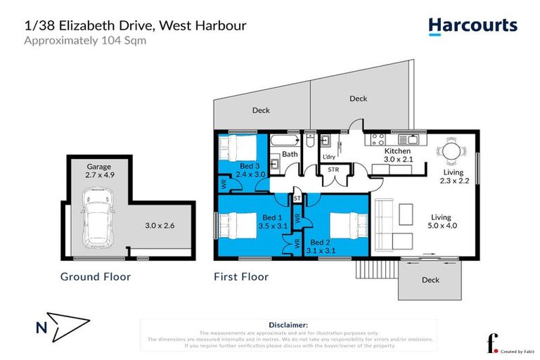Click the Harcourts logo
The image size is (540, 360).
pos(472,27)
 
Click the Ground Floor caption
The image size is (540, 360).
pos(95,276)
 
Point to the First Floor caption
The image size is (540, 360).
pos(240,276)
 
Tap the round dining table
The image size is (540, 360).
pos(450,151)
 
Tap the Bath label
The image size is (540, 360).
pos(289,154)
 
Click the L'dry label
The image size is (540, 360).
pos(328,157)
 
